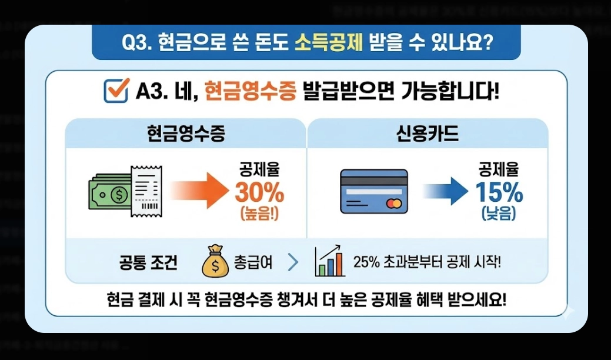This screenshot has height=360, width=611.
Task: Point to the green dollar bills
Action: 109,192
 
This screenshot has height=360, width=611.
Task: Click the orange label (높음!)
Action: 259,214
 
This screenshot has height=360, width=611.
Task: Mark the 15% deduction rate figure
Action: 499,192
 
